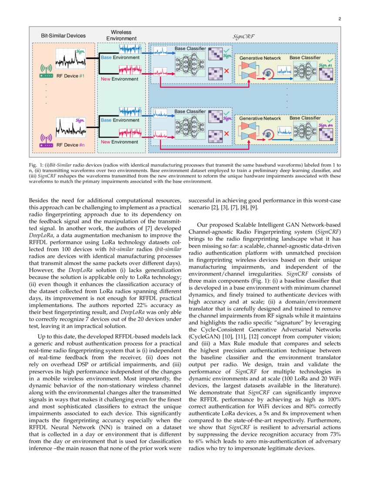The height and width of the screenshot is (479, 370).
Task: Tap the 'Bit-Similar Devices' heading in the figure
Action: pyautogui.click(x=64, y=35)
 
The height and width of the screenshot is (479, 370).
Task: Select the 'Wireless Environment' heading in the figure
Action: pyautogui.click(x=121, y=35)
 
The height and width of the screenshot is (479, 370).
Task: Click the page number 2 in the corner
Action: pyautogui.click(x=339, y=19)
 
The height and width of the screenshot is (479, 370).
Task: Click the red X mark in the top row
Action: pyautogui.click(x=226, y=71)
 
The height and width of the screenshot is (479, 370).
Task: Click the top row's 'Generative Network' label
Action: pyautogui.click(x=260, y=58)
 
